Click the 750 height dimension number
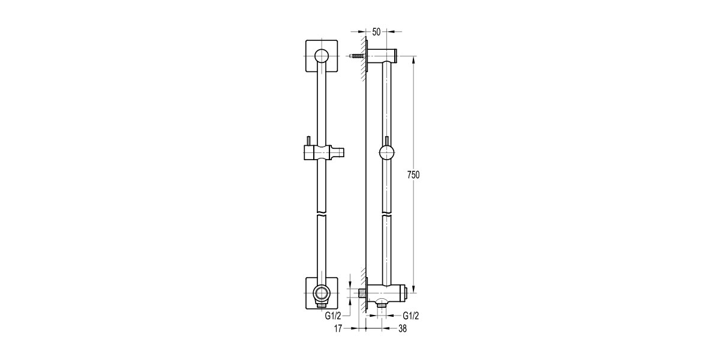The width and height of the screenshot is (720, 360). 413,175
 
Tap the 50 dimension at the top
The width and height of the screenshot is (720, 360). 376,32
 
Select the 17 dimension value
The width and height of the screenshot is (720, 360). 338,329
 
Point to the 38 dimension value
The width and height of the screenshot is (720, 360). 403,329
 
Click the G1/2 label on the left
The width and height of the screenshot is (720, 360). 332,316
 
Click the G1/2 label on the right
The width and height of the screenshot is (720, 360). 411,316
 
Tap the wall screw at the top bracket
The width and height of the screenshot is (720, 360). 357,56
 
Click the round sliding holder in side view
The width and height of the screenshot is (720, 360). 386,152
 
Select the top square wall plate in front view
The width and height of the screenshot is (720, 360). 322,56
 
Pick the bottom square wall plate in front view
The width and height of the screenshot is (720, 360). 322,293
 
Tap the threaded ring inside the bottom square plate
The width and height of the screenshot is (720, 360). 322,293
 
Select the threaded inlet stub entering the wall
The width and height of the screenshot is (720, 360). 362,293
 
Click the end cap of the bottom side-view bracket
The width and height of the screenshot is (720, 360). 407,293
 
